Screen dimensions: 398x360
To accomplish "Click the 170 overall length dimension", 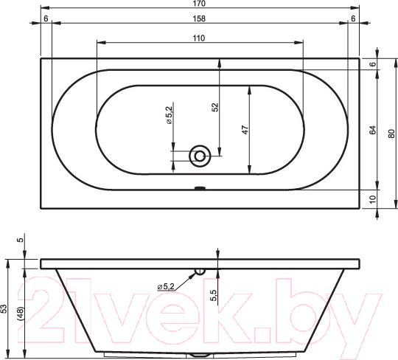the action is [x=199, y=4].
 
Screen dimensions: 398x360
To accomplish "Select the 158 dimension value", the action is [x=199, y=18].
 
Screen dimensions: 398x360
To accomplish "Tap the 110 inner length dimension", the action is [x=199, y=38].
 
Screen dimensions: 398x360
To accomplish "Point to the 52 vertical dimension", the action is [x=214, y=107].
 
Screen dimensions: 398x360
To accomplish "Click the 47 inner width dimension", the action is [x=245, y=130].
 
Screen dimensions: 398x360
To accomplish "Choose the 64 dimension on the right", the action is [x=372, y=130].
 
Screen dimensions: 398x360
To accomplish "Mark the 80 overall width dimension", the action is [x=391, y=134].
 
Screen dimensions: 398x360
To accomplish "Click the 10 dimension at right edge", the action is [x=372, y=199].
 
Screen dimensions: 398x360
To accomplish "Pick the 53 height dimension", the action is [x=5, y=308].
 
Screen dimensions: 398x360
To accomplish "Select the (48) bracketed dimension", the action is [x=21, y=314].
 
